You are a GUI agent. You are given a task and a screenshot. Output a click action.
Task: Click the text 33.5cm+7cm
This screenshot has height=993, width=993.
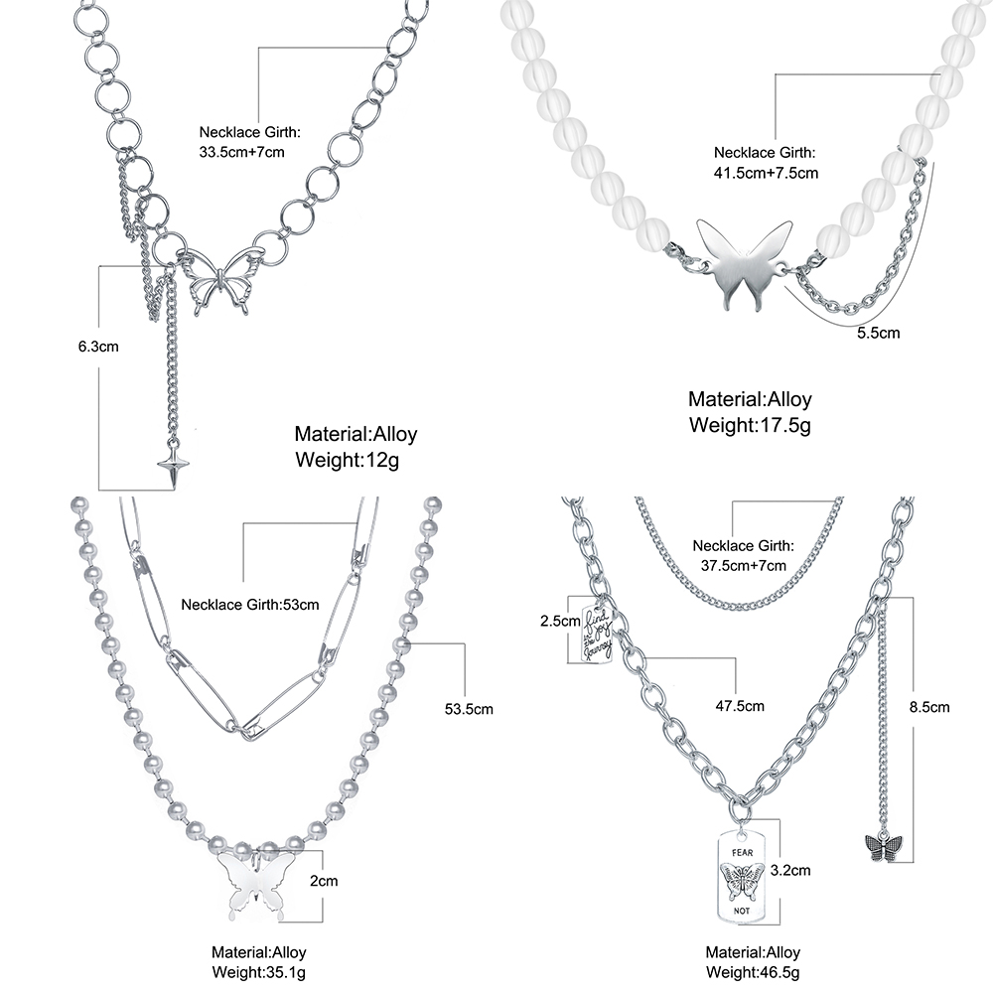(242, 152)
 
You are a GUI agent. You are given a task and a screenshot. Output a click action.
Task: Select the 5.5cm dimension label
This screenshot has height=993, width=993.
(878, 333)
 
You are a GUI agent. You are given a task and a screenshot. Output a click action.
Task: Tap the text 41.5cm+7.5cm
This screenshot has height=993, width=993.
(767, 173)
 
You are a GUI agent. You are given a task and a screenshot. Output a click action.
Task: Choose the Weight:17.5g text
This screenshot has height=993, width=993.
(750, 425)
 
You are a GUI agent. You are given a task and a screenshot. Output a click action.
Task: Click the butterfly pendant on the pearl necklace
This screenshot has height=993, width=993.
(255, 880)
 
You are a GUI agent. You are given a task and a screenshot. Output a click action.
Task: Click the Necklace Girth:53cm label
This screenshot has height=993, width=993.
(250, 604)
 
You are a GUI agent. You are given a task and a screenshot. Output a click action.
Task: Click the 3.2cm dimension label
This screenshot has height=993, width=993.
(791, 871)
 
